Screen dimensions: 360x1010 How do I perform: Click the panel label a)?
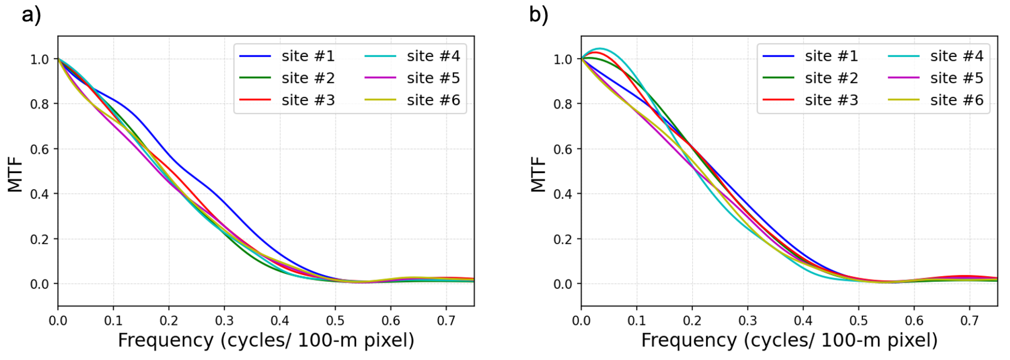click(x=31, y=16)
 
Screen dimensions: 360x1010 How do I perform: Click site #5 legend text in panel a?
click(x=433, y=78)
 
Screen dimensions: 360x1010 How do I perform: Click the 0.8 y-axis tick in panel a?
click(x=39, y=104)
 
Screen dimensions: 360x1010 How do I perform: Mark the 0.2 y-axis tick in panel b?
click(x=563, y=239)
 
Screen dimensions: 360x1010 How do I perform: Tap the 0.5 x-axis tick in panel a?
click(x=335, y=321)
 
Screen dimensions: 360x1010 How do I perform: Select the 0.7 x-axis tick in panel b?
click(x=969, y=321)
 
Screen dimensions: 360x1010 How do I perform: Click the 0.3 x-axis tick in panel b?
click(x=747, y=321)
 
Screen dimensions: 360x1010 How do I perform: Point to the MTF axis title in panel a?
click(x=15, y=175)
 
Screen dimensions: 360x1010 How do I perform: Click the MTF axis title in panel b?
click(x=538, y=175)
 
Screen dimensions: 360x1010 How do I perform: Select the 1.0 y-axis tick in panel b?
click(x=563, y=59)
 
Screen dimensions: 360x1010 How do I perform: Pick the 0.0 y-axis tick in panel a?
click(x=39, y=284)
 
